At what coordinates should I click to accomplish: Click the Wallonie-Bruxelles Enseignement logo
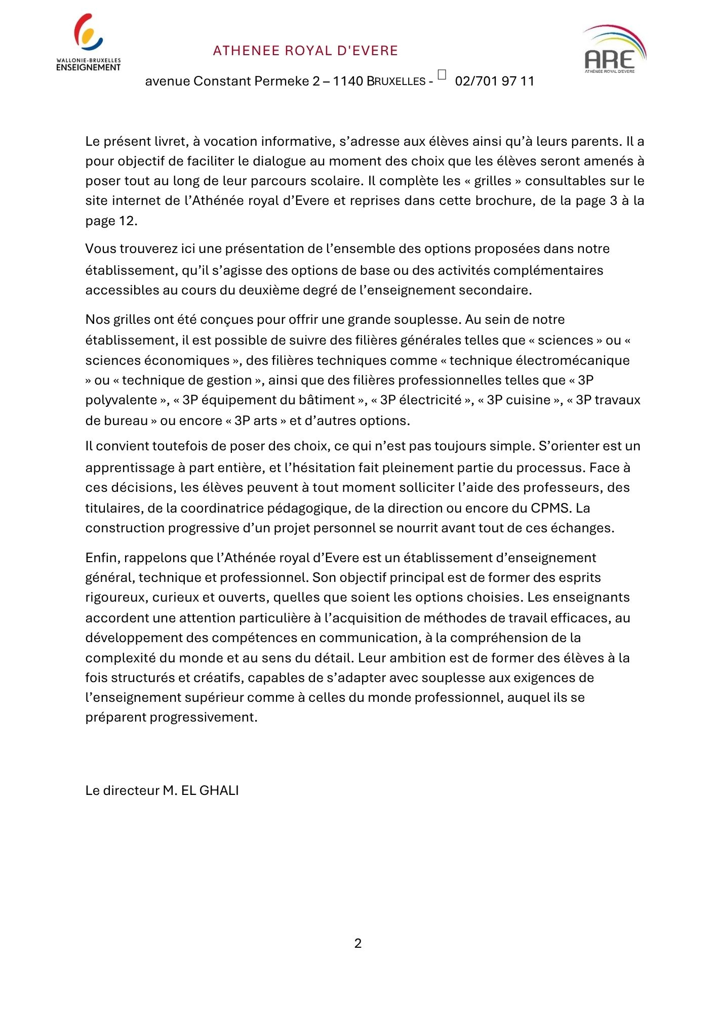tap(89, 43)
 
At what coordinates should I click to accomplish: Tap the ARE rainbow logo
tap(614, 49)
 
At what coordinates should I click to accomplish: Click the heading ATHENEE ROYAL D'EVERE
tap(305, 51)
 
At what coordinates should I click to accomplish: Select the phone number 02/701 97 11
tap(494, 81)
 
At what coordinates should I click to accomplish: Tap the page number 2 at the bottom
tap(358, 943)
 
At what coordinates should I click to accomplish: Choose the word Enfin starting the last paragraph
tap(101, 558)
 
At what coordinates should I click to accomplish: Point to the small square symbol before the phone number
tap(442, 74)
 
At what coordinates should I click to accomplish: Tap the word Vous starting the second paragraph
tap(97, 249)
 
